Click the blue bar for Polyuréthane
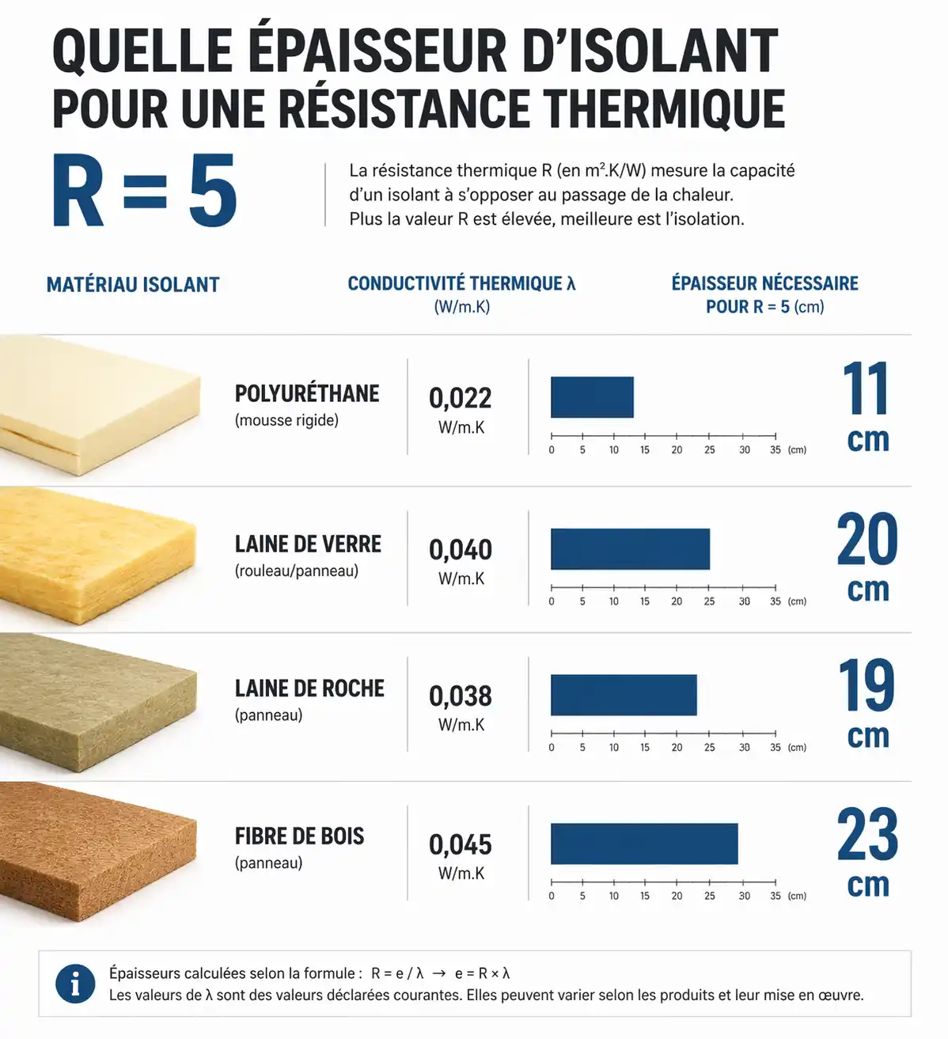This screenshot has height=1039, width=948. (592, 397)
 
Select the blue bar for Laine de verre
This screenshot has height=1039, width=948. (630, 549)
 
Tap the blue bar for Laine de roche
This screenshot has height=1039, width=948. (624, 695)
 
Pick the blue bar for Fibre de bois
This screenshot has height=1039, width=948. (644, 844)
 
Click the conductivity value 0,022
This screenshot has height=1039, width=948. (461, 398)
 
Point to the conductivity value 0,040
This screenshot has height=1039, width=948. (461, 550)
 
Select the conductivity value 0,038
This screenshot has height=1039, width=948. (461, 696)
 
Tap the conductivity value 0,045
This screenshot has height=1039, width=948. (461, 845)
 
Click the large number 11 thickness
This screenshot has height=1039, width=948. (866, 389)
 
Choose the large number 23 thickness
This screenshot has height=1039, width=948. (867, 835)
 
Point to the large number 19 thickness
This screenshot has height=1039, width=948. (866, 686)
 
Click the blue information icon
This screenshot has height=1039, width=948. (75, 984)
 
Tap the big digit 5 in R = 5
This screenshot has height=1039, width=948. (212, 192)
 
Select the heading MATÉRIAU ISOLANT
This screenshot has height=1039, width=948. (133, 285)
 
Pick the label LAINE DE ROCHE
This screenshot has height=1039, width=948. (309, 688)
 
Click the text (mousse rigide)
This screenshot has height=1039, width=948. (286, 420)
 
